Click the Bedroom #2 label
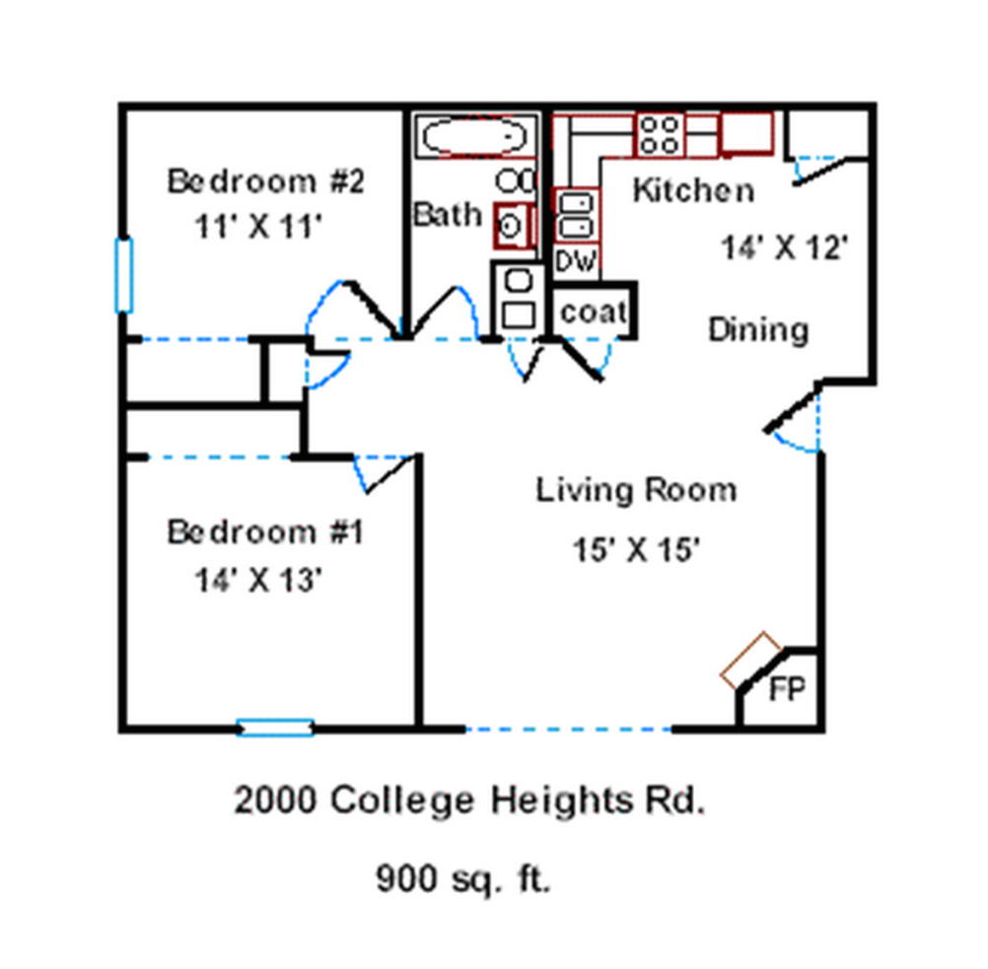[266, 181]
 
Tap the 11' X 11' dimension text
[258, 226]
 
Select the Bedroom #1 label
[265, 531]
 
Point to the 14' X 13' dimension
[258, 580]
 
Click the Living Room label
[636, 490]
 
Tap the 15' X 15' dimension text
[636, 549]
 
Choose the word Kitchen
[693, 190]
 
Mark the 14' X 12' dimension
[785, 247]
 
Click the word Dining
[758, 330]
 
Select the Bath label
[448, 215]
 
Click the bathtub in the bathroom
[475, 136]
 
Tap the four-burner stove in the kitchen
[659, 135]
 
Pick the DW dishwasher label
[576, 261]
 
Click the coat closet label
[594, 311]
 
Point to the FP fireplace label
[787, 689]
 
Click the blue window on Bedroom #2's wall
[123, 275]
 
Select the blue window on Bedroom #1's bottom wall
[275, 727]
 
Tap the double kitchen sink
[576, 215]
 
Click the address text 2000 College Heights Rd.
[469, 800]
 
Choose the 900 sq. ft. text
[463, 878]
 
